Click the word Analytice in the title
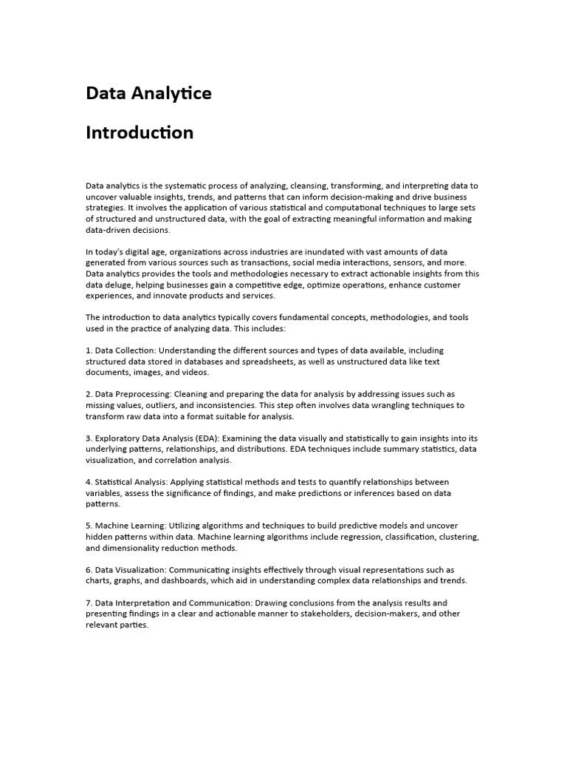tap(173, 94)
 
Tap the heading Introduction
tap(140, 133)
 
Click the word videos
tap(196, 373)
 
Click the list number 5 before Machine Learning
tap(89, 526)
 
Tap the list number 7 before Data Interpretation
tap(89, 602)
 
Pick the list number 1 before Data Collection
tap(89, 350)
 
